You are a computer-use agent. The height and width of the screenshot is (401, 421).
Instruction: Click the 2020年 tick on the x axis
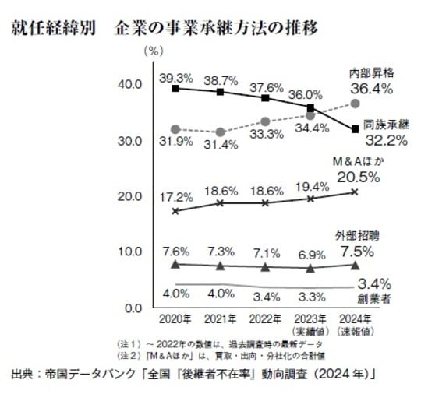pyautogui.click(x=175, y=318)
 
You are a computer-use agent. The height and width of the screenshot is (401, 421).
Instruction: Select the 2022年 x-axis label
pyautogui.click(x=265, y=318)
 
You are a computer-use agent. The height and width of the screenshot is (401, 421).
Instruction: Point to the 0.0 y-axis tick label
pyautogui.click(x=129, y=308)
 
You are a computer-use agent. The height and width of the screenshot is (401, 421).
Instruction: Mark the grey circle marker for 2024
pyautogui.click(x=356, y=103)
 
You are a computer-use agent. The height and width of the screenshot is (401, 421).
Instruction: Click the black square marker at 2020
pyautogui.click(x=175, y=89)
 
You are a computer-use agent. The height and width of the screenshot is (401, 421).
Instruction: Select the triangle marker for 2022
pyautogui.click(x=265, y=267)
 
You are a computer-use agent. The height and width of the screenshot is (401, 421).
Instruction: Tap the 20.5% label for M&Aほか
pyautogui.click(x=358, y=177)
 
